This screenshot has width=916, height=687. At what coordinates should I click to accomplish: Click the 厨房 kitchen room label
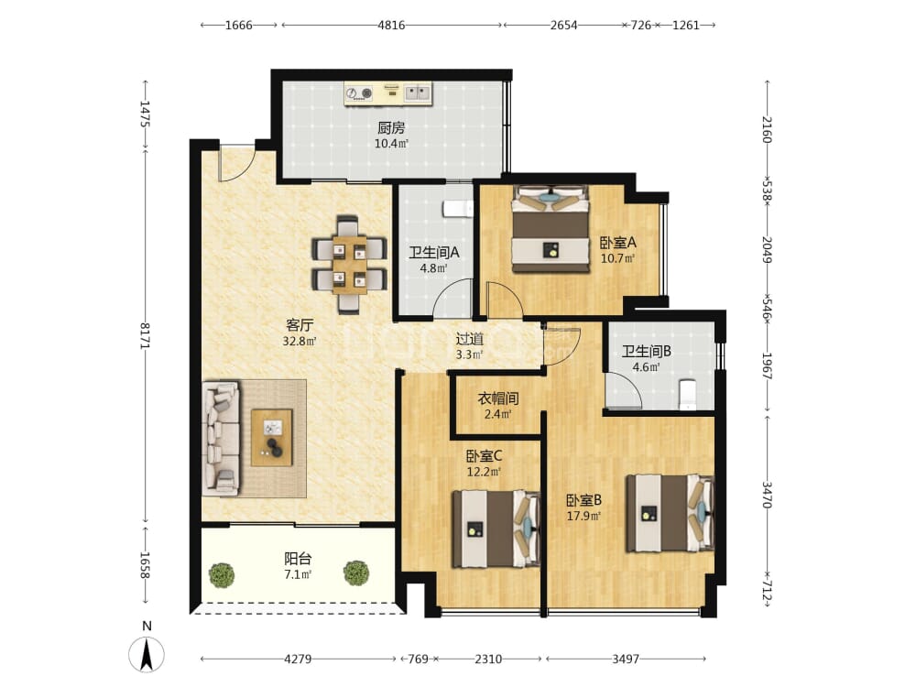coord(391,127)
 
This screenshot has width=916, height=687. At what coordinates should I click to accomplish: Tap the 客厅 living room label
coord(300,325)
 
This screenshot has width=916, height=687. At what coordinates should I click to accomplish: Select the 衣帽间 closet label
coord(498,399)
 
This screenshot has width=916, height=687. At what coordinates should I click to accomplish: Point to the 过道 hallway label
coord(470,339)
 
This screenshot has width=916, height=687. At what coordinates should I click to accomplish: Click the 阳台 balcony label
coord(298,559)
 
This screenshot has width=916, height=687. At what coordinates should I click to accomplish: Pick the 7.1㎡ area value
coord(298,574)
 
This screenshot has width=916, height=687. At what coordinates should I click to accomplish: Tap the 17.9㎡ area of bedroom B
coord(583,516)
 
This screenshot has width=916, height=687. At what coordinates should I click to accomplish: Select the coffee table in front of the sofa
coord(272,438)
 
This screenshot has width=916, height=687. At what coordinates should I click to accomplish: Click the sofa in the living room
coord(221,439)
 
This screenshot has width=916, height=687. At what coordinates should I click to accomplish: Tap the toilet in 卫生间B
coord(688,394)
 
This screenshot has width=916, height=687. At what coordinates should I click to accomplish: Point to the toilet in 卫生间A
coord(458,209)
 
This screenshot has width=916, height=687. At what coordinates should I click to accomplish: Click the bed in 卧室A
coord(551,230)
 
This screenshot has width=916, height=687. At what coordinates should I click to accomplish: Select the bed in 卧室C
coord(496,529)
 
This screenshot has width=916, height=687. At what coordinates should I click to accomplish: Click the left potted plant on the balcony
coord(222,575)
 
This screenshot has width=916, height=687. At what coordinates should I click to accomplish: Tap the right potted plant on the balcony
coord(356,573)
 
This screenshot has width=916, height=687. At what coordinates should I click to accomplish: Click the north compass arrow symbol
coord(147,654)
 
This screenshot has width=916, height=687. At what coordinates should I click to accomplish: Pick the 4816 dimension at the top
coord(391,25)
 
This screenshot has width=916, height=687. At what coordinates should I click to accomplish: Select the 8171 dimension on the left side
coord(145,336)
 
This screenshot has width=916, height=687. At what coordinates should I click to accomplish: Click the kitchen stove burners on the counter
coord(359,93)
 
